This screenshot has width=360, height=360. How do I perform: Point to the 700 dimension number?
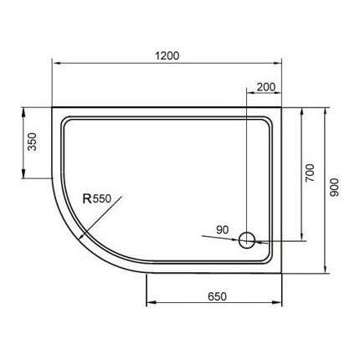(308, 173)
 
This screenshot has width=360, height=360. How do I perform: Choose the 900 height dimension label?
(334, 190)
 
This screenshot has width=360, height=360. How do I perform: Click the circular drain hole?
(247, 240)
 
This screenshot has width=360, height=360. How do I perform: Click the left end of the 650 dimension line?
(147, 306)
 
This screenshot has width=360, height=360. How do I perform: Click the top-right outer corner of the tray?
(282, 106)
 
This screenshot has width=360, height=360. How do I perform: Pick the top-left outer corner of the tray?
(54, 106)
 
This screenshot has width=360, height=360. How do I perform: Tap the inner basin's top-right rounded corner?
(269, 120)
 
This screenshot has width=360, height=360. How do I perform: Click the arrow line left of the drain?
(219, 238)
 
